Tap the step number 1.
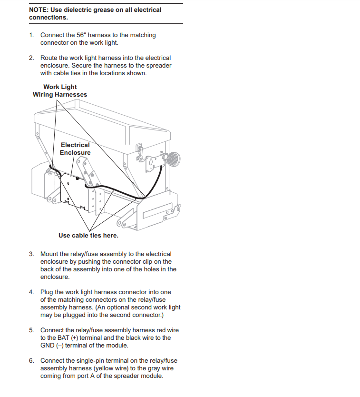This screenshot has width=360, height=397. (x=31, y=35)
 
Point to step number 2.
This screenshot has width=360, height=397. (x=31, y=58)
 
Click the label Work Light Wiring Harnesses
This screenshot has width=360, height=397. (x=60, y=90)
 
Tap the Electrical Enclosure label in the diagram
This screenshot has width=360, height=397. (x=75, y=149)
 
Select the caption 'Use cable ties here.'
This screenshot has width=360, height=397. (x=88, y=235)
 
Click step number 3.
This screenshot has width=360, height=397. (x=31, y=254)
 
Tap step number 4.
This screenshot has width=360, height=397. (x=31, y=292)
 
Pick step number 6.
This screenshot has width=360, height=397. (x=31, y=361)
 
